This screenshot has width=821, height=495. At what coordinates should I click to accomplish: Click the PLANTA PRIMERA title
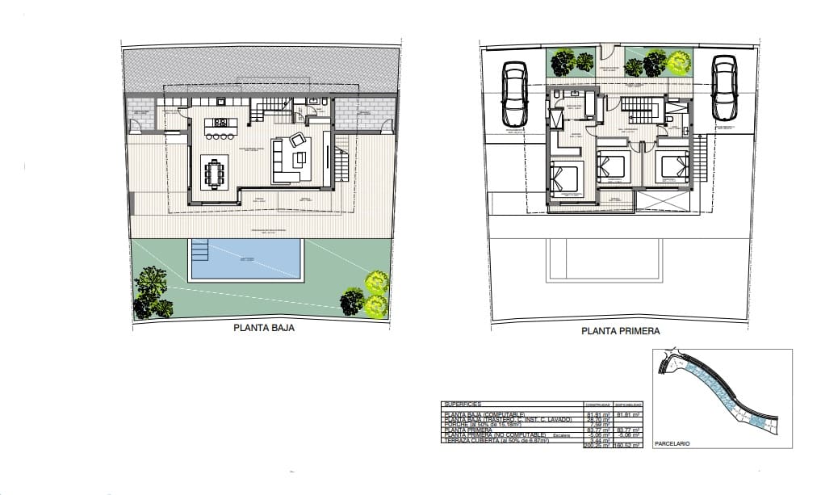coord(621,331)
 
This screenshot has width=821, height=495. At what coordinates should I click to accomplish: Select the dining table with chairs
coord(216,171)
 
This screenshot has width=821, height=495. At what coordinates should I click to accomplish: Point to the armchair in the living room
coord(298,139)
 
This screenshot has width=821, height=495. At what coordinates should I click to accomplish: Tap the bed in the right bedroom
coord(672,166)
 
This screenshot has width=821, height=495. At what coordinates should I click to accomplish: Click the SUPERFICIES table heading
coord(461,403)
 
